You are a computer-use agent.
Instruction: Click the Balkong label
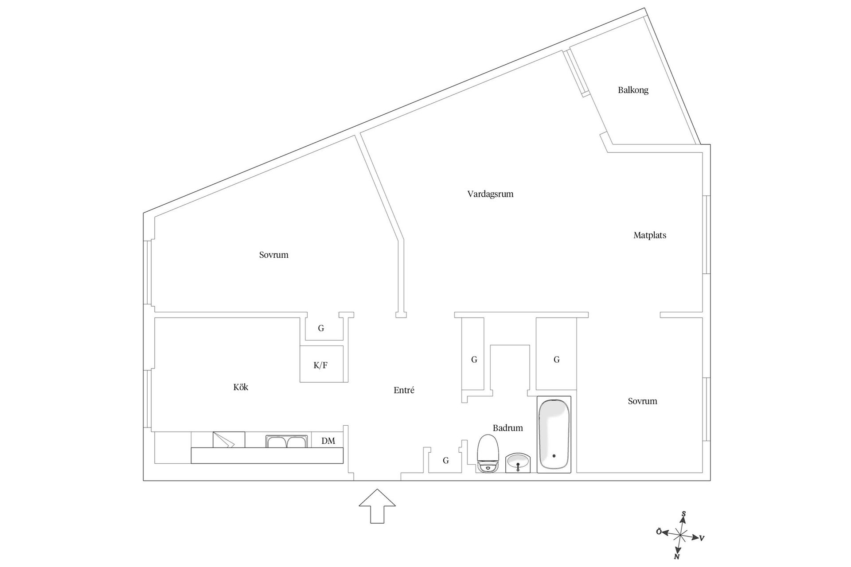click(633, 90)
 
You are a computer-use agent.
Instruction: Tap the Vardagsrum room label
click(490, 194)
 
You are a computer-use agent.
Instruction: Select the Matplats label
click(650, 236)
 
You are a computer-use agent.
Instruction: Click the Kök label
click(241, 388)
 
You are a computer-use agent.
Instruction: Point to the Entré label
click(404, 390)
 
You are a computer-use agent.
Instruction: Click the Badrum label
click(507, 428)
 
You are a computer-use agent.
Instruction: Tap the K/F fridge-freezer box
click(321, 365)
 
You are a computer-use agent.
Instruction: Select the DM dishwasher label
click(328, 441)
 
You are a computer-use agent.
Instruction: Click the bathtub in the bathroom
click(554, 435)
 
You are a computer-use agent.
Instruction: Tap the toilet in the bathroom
click(488, 454)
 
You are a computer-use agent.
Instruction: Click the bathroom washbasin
click(518, 463)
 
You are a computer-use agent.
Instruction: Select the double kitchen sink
click(287, 442)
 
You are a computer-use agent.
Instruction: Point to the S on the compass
click(684, 514)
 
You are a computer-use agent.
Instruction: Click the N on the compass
click(677, 556)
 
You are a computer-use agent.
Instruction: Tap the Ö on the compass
click(659, 532)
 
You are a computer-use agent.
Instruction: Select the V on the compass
click(702, 539)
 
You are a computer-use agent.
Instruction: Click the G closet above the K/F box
click(321, 329)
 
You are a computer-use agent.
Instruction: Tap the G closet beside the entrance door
click(446, 461)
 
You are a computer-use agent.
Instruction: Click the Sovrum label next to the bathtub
click(642, 401)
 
